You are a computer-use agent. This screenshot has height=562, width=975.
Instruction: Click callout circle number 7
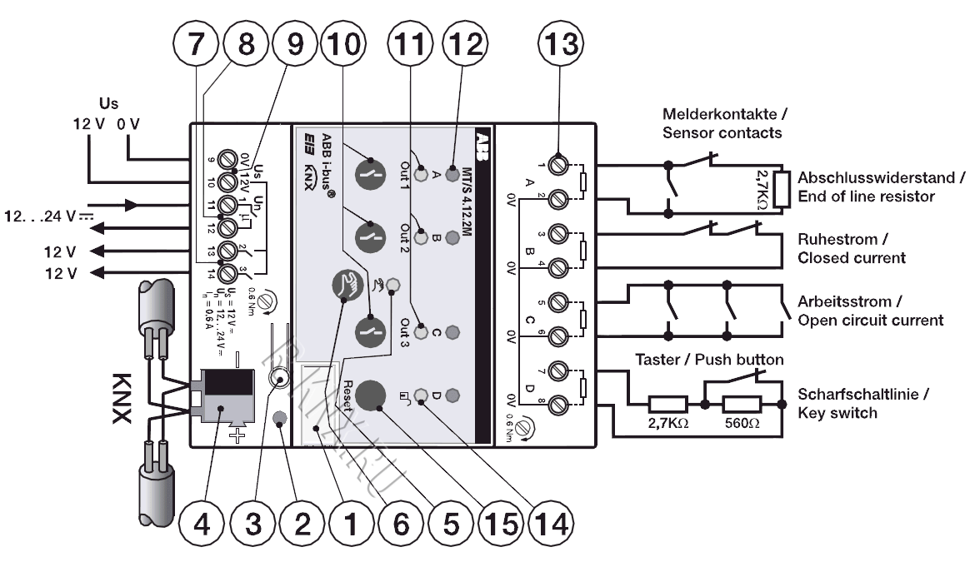click(x=194, y=42)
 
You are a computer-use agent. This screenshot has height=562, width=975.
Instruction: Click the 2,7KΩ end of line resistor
click(x=780, y=188)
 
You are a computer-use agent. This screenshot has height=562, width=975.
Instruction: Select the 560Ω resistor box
click(x=739, y=405)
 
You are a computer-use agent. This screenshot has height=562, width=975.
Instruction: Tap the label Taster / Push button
click(x=707, y=359)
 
